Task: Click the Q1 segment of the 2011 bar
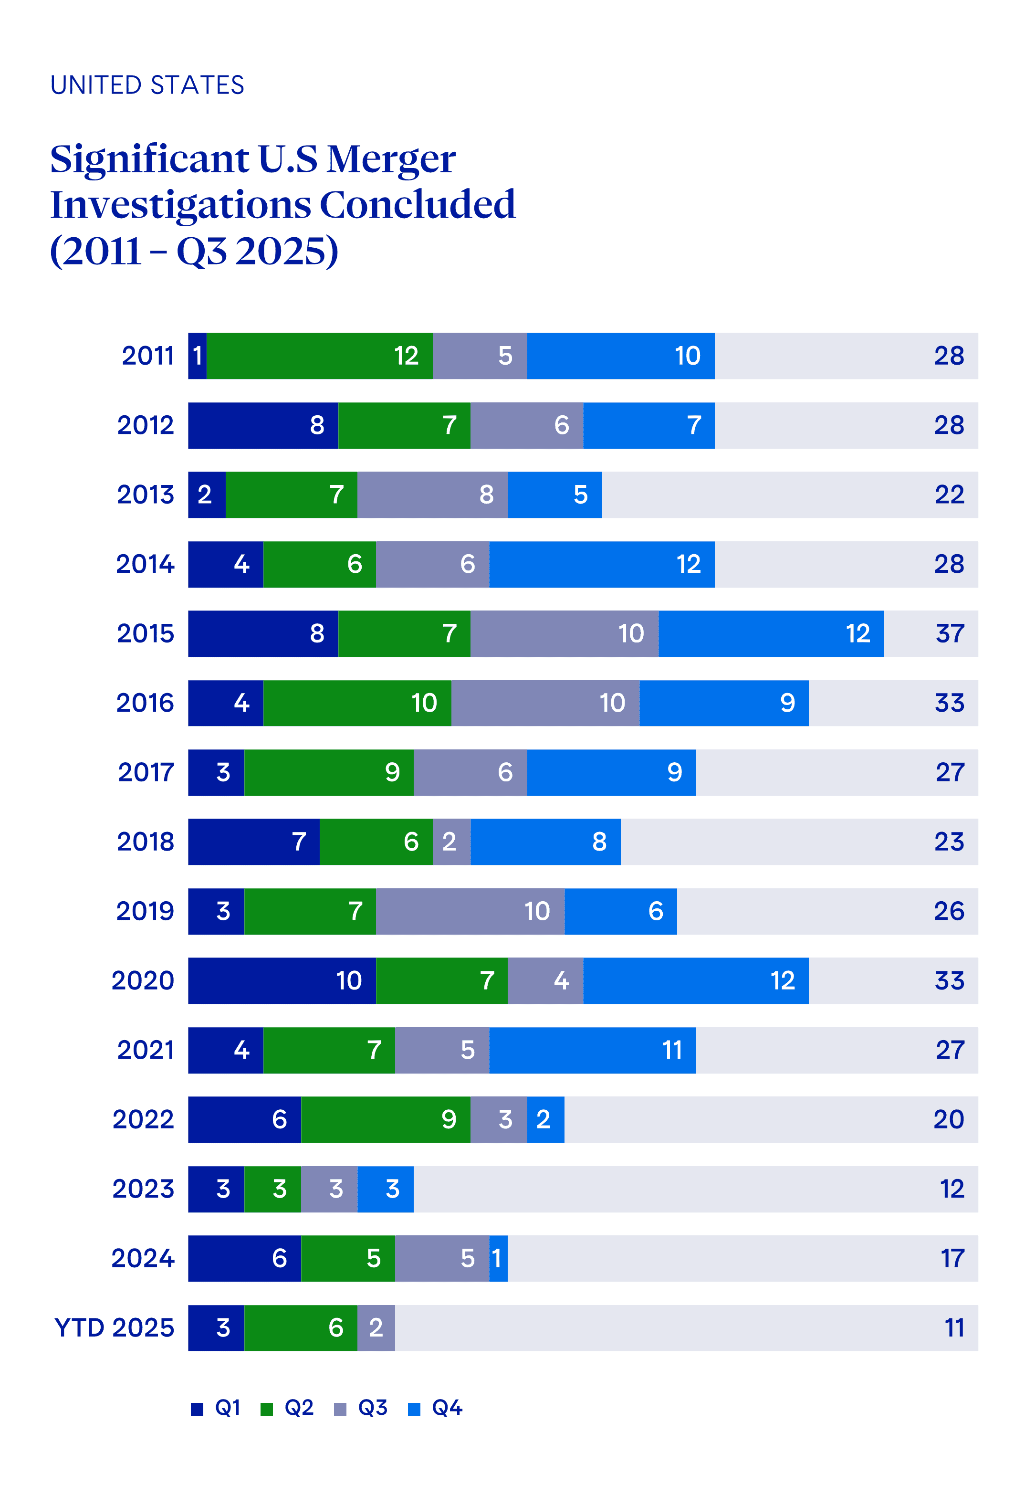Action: click(x=197, y=356)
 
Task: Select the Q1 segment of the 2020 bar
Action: click(x=282, y=980)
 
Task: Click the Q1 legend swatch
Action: click(x=197, y=1409)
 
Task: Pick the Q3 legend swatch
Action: click(x=340, y=1409)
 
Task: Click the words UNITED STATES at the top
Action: click(x=147, y=85)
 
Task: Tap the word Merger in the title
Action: click(x=390, y=159)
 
